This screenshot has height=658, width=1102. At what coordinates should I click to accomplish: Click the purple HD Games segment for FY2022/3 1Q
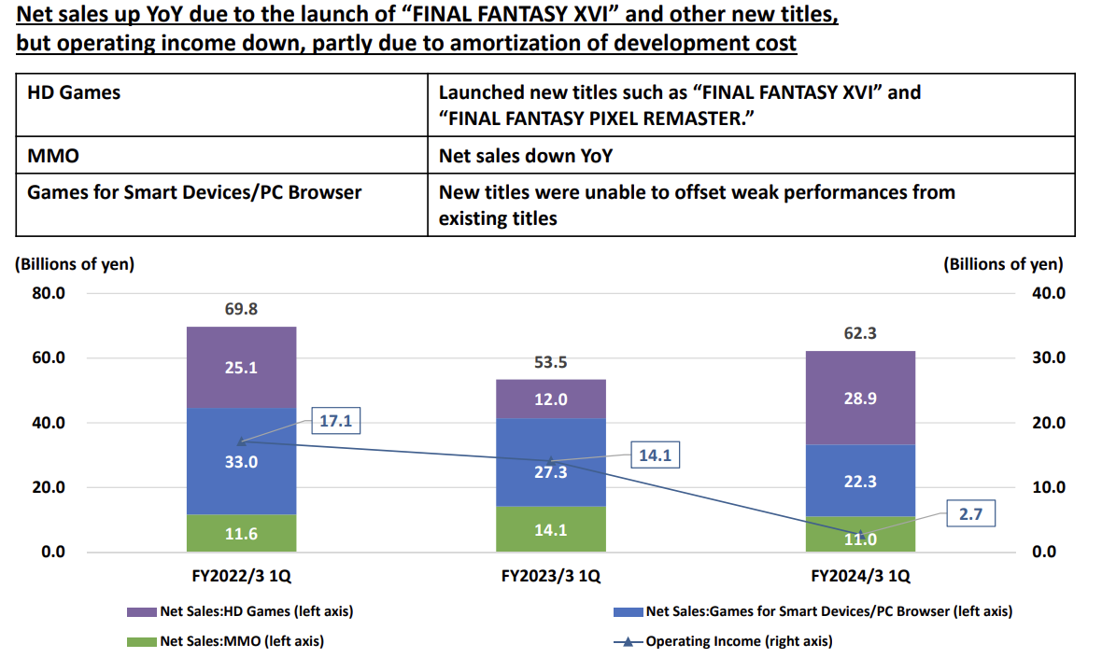(x=241, y=368)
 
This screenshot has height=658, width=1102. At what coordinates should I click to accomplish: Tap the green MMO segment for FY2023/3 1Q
(x=551, y=529)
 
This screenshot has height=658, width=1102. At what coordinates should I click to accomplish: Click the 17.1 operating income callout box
(x=335, y=422)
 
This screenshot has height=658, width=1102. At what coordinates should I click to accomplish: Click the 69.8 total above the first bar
(x=241, y=309)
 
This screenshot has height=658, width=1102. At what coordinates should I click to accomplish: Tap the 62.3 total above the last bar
(x=860, y=333)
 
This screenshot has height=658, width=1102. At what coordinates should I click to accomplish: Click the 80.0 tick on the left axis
(x=48, y=293)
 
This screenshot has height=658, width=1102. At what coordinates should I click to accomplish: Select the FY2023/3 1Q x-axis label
(x=551, y=576)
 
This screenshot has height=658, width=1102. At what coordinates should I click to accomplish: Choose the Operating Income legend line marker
(x=628, y=641)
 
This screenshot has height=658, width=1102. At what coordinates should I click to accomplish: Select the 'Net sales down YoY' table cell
(x=526, y=156)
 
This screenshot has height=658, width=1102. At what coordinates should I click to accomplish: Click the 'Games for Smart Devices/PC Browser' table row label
(x=194, y=192)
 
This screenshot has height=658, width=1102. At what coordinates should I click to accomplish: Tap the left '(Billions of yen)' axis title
(x=75, y=264)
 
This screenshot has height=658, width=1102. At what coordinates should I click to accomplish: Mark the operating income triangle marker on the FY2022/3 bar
(x=241, y=441)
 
